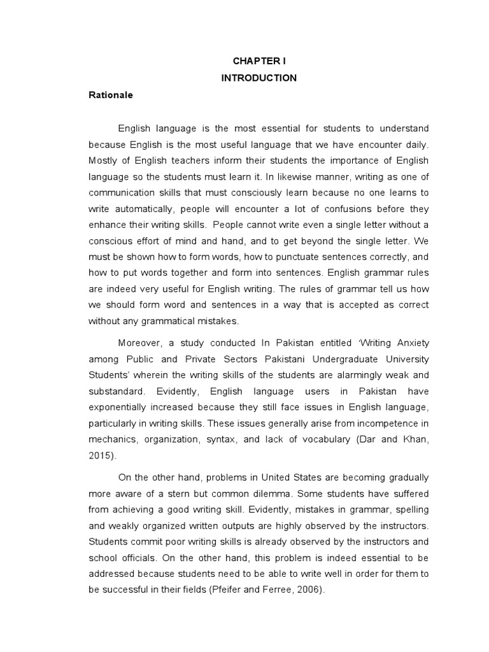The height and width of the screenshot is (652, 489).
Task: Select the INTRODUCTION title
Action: coord(259,78)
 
